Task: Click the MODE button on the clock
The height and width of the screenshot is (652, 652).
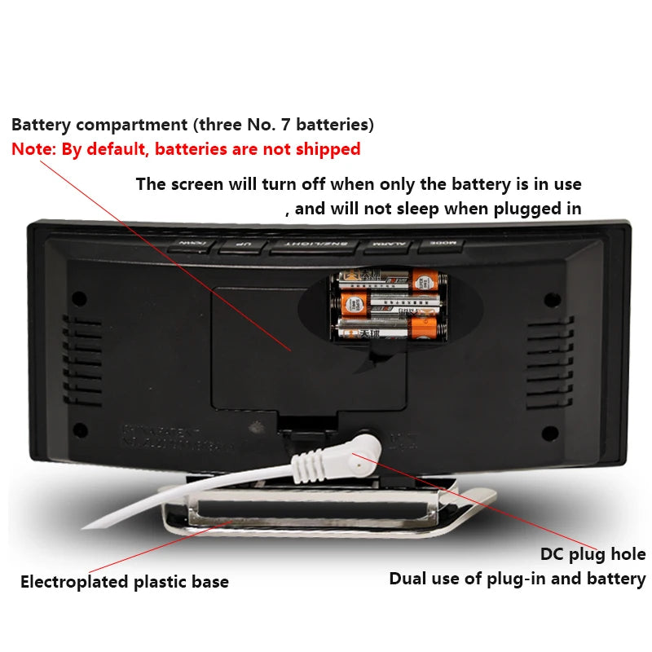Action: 441,244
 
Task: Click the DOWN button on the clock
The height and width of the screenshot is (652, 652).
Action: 192,244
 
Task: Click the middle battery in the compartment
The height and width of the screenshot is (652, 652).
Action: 389,306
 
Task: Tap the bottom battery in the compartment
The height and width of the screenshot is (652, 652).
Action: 389,328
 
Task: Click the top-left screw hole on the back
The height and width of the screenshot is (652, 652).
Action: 80,298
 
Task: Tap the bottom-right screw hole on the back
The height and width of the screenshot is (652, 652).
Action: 548,432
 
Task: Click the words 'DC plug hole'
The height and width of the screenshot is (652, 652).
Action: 593,554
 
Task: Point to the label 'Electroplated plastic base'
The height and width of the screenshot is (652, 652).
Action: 124,582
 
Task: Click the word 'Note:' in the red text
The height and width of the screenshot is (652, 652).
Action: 34,149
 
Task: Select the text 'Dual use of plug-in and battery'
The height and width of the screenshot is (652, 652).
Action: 517,579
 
